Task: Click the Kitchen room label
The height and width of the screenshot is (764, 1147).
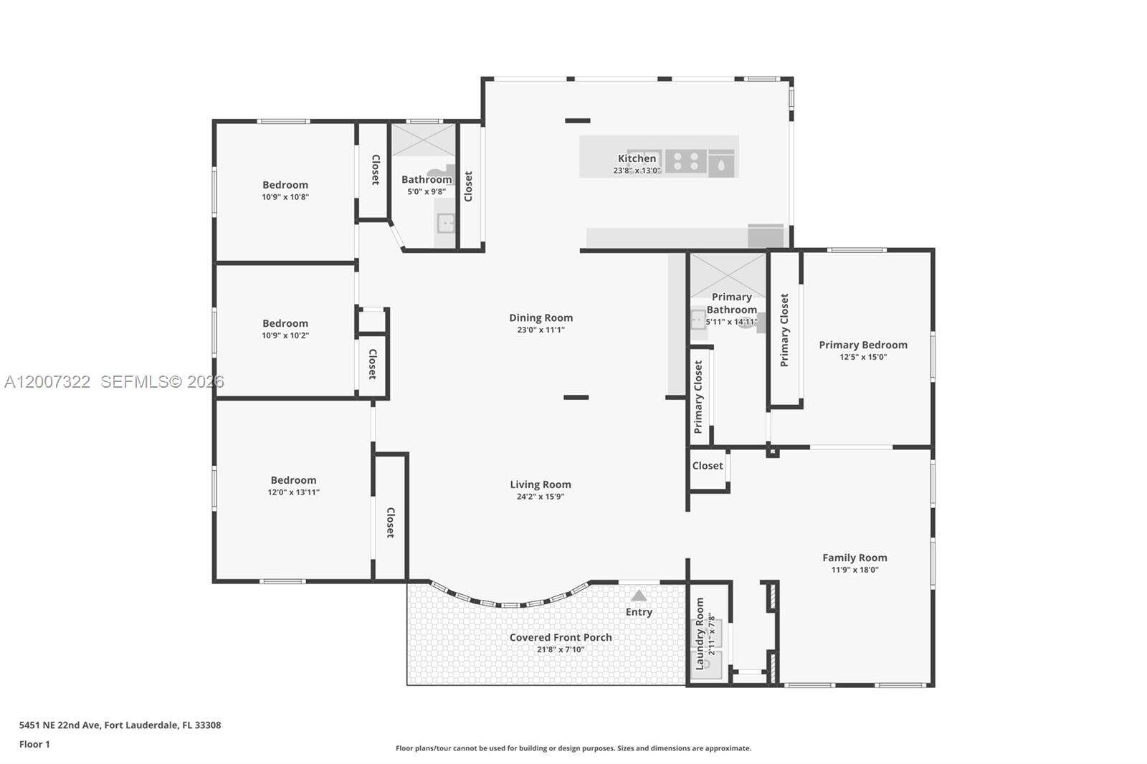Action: point(637,158)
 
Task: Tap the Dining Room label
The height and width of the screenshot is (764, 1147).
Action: point(541,317)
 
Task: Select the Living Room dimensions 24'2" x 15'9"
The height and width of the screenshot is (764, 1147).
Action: point(541,496)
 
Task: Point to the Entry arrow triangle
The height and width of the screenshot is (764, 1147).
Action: point(639,596)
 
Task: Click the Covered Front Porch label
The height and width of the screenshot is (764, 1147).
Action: point(561,637)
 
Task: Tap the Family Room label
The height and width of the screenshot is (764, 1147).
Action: point(855,558)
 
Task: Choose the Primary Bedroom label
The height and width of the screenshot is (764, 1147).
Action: point(863,345)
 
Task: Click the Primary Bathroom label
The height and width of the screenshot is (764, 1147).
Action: point(731,303)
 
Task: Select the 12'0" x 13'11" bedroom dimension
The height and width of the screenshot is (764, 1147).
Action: point(293,492)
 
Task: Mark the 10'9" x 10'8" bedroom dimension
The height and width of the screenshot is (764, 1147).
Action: point(285,196)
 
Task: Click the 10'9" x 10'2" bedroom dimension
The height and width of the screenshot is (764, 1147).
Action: point(285,335)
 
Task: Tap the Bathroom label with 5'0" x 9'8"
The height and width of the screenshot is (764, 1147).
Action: point(427,179)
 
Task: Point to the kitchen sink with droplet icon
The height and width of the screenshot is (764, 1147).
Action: point(721,164)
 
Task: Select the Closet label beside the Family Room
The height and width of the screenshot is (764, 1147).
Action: point(708,466)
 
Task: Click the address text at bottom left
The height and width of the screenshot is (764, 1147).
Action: point(120,725)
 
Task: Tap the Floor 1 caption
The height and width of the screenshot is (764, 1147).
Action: point(34,744)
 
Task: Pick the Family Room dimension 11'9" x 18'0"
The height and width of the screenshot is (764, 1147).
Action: point(855,570)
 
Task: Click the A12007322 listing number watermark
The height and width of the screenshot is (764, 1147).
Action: point(47,382)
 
